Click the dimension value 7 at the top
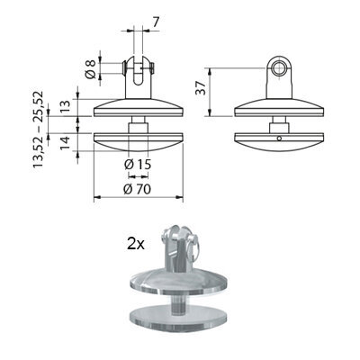pos(156,22)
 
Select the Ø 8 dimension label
pos(91,69)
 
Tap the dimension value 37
pos(201,88)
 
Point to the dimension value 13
pos(65,107)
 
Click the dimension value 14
pos(65,143)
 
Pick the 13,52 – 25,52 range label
pos(39,130)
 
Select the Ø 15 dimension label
pos(138,164)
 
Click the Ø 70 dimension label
pos(138,189)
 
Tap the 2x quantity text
pos(136,245)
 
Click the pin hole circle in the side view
pos(280,67)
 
